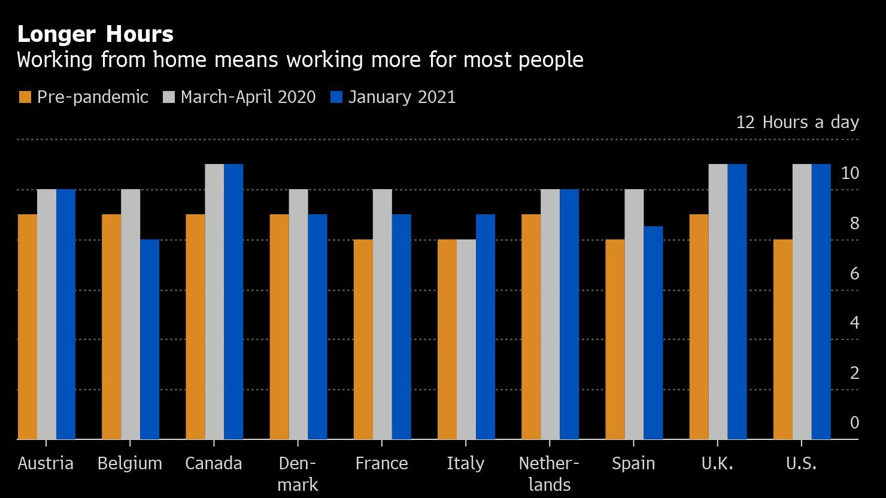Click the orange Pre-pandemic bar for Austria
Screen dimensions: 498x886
[x=28, y=327]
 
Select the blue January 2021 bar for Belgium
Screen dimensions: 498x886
[x=150, y=339]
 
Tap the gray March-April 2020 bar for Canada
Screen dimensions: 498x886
[x=214, y=302]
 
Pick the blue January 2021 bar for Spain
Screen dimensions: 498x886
[x=653, y=333]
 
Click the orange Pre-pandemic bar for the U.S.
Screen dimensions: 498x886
[x=782, y=339]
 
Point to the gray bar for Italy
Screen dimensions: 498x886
[x=466, y=339]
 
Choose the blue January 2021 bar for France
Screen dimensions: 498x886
[x=402, y=327]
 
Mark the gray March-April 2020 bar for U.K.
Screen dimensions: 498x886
[x=718, y=302]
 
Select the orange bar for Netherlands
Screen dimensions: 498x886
[x=531, y=327]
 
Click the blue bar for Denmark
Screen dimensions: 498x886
[x=318, y=327]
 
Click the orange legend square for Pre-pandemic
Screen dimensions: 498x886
[x=25, y=98]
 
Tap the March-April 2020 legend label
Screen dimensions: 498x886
[x=248, y=97]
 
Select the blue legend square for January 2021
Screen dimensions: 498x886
[x=336, y=98]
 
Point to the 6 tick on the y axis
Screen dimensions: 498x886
[x=854, y=274]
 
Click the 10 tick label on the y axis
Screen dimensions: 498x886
[x=850, y=173]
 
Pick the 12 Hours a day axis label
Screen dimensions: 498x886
[x=797, y=122]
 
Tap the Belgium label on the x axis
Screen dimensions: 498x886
[x=130, y=463]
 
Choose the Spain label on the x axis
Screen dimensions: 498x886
[x=633, y=463]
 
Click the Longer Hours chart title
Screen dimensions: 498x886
[x=96, y=34]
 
